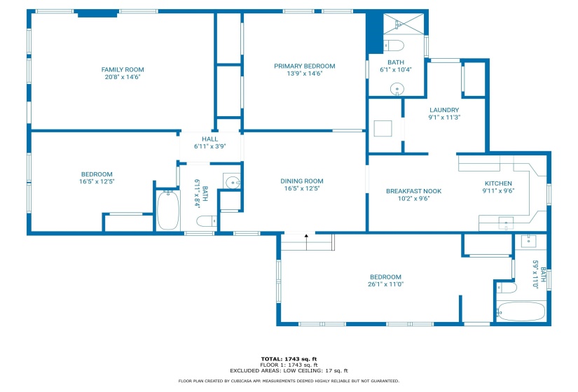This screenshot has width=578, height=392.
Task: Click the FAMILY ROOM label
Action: coord(123,69)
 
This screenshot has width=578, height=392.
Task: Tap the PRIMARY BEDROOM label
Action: coord(305,66)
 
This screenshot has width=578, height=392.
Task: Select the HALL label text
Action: coord(209,139)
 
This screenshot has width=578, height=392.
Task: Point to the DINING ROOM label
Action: coord(302,181)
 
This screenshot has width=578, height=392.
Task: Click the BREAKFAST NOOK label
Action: coord(413,191)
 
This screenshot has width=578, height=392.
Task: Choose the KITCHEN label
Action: coord(498,183)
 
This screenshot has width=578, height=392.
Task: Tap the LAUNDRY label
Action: coord(444,110)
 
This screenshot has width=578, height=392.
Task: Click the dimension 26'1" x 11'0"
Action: coord(385,284)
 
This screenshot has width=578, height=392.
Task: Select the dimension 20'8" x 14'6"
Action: coord(123,77)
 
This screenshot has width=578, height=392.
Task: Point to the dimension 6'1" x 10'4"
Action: coord(396,69)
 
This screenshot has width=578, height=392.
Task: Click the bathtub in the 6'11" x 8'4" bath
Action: coord(168,211)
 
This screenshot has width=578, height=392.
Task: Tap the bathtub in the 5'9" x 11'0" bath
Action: coord(521,311)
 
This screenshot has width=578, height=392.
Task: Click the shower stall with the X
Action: coord(404,24)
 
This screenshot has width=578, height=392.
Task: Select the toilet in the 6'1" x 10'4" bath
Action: coord(394,45)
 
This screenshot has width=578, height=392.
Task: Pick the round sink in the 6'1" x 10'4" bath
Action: coord(397,89)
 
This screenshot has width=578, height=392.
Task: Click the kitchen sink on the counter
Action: coord(506,223)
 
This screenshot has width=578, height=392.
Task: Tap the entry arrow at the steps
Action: coord(306,242)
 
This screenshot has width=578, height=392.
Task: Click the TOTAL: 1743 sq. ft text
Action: coord(289,359)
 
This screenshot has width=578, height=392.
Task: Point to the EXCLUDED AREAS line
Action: coord(289,370)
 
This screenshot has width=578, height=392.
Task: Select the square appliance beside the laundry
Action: coord(383,129)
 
